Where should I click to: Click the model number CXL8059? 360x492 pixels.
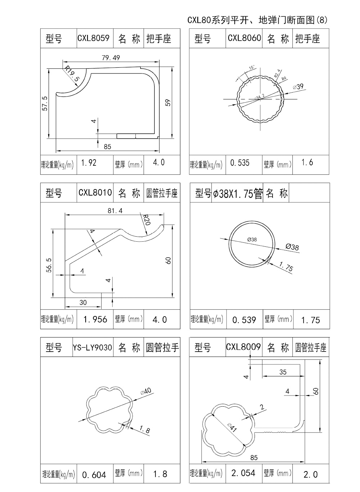point(94,38)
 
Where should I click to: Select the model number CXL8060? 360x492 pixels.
point(244,38)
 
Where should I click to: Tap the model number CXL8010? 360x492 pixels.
point(95,193)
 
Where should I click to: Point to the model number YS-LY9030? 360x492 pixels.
point(93,348)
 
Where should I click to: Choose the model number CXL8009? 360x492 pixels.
point(243,347)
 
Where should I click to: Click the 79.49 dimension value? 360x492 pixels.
point(111,58)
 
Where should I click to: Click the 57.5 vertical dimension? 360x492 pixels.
point(45,103)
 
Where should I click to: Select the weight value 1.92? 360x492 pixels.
point(89,163)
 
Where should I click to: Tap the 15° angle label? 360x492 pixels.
point(252,67)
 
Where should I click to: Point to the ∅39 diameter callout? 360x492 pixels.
point(298,86)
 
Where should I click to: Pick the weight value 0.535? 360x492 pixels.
point(240,163)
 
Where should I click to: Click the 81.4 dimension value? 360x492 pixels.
point(115,211)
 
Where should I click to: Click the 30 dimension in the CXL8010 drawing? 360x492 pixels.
point(83,303)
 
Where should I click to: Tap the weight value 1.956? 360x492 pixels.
point(95,319)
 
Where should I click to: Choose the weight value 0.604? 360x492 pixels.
point(94,475)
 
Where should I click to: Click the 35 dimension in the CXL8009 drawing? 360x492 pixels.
point(283,372)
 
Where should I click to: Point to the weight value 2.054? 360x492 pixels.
point(243,473)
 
